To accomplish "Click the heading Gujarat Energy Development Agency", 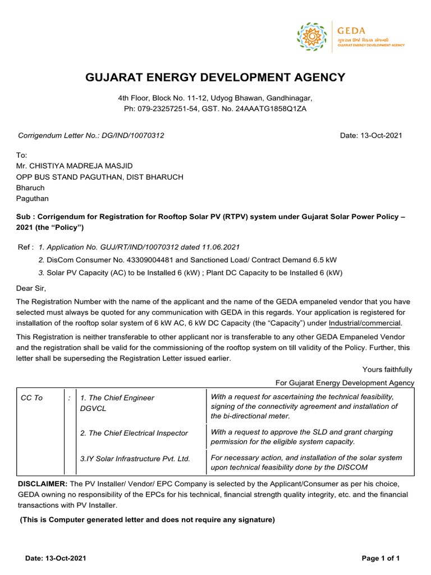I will coord(215,77).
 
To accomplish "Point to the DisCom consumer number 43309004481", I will coord(140,259).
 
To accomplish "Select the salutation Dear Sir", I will coord(31,289).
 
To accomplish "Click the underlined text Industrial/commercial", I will coord(365,323).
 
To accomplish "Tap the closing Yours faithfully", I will coord(388,369).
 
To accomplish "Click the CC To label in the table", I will coord(31,398).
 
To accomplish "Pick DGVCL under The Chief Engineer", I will coord(93,408).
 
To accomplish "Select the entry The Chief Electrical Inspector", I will coord(134,433).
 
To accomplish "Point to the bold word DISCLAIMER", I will coord(43,484).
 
